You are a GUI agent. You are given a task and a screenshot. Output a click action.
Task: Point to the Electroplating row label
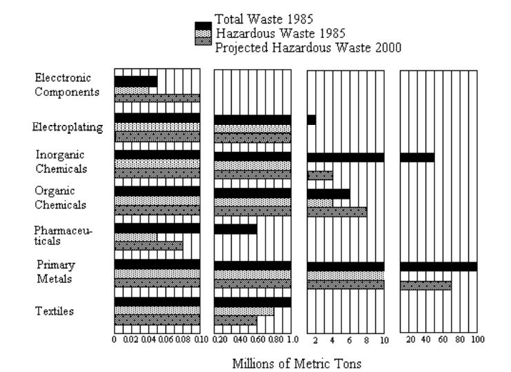(68, 127)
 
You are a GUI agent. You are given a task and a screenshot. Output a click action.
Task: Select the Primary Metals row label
(54, 271)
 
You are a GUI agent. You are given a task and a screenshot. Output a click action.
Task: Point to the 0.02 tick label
(131, 340)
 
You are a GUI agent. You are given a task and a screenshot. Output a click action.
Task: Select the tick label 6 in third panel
(350, 340)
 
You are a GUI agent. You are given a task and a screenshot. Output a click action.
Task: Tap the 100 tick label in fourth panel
(477, 340)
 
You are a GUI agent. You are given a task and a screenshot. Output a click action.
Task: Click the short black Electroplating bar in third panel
(311, 120)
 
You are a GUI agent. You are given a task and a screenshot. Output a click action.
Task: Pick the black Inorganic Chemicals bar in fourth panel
(417, 157)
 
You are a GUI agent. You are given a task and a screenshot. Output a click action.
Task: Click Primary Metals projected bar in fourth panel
(425, 285)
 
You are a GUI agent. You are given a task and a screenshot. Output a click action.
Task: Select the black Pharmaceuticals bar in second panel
(235, 229)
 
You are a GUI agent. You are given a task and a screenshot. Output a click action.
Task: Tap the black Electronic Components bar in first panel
(136, 81)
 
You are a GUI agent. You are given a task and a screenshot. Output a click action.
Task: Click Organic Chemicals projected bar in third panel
(337, 212)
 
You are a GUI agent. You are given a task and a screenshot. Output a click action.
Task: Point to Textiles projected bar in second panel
(235, 320)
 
